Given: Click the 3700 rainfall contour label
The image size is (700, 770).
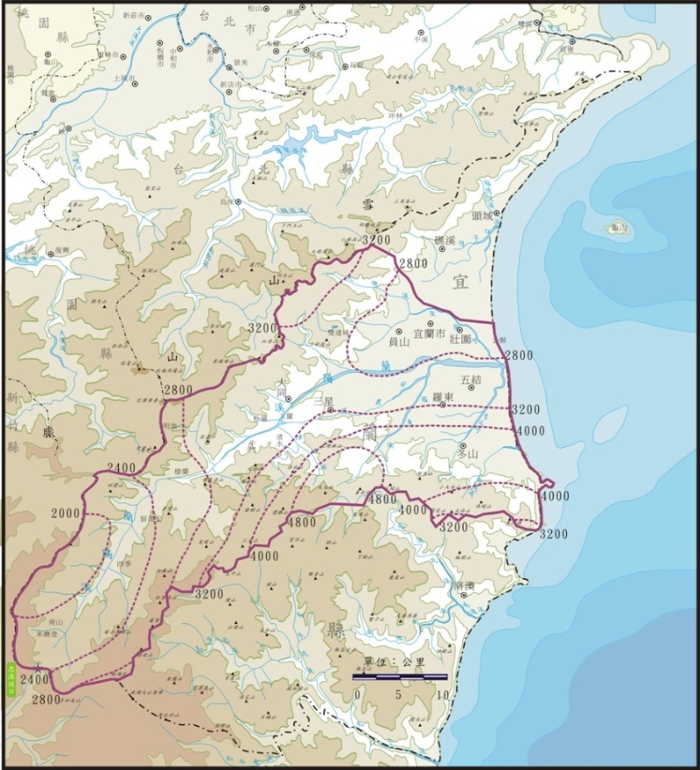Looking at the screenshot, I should (375, 240).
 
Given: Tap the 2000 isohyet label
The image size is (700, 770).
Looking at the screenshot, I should (65, 513).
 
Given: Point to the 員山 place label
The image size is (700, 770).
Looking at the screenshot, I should (399, 342).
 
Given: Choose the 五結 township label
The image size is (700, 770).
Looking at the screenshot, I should (471, 380).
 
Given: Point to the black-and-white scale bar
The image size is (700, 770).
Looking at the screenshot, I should (400, 676).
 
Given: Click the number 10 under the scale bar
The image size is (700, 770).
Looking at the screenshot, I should (443, 695).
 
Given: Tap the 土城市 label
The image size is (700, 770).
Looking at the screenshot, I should (123, 78).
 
